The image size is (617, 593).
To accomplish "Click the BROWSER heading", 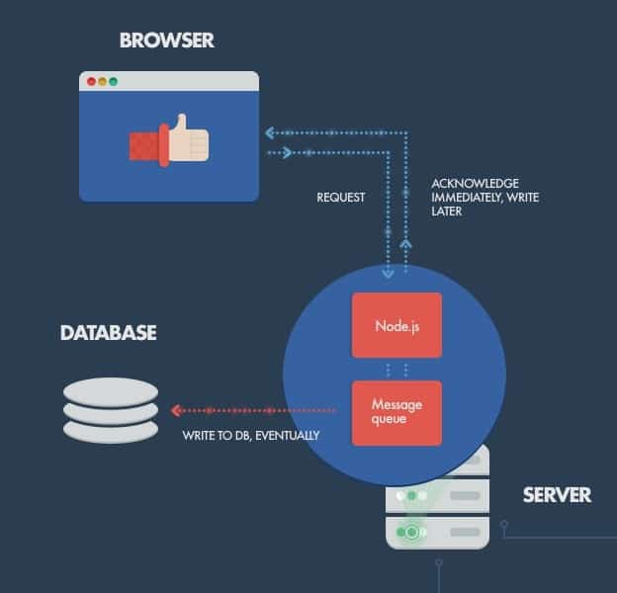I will click(x=166, y=41).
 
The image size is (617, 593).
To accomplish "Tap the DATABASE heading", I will click(x=108, y=332).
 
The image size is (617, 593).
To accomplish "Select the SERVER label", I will click(x=557, y=494).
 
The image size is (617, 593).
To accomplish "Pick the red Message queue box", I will click(x=397, y=411).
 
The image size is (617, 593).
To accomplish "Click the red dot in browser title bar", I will click(x=92, y=81).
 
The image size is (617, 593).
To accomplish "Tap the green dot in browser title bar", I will click(x=114, y=81).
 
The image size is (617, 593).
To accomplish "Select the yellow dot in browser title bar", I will click(x=103, y=81).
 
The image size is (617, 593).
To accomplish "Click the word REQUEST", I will click(x=340, y=198).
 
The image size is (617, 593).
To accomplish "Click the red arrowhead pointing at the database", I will click(x=174, y=410).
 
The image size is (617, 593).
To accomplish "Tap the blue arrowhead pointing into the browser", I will click(x=269, y=131).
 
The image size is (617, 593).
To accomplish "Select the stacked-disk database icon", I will click(x=110, y=410).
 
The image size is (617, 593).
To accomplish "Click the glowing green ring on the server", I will click(x=409, y=532).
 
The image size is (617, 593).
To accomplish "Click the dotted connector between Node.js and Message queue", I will click(x=397, y=369).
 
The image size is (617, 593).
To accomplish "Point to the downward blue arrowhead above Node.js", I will click(x=388, y=271).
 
